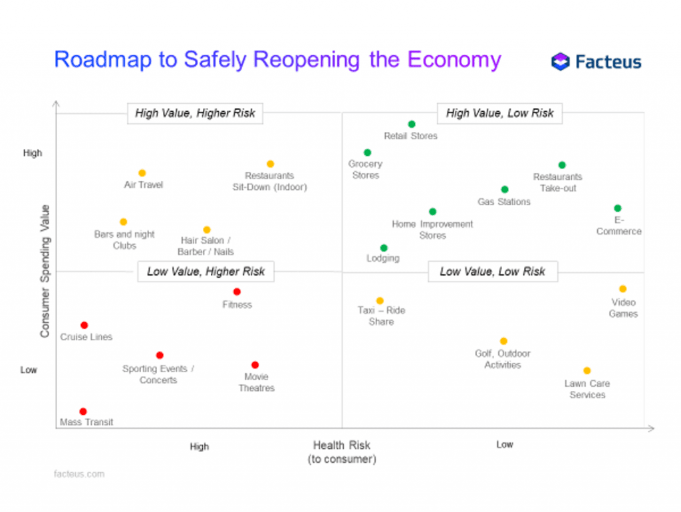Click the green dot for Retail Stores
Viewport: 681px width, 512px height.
point(412,124)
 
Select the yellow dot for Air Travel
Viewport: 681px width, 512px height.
point(142,173)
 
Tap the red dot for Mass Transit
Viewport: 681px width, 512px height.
point(83,411)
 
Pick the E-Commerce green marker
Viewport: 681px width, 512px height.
point(617,208)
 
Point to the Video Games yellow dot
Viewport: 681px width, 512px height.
point(622,289)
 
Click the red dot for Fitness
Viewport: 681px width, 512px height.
point(237,292)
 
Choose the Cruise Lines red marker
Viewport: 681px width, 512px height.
point(84,325)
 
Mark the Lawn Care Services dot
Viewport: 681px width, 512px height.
point(587,371)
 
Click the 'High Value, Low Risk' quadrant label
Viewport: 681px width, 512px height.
point(499,113)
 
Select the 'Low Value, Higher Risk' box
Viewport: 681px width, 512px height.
point(205,271)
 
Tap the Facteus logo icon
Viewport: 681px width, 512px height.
point(561,62)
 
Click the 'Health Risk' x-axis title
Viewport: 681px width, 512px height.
point(341,445)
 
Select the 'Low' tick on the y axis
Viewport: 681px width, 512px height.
point(29,370)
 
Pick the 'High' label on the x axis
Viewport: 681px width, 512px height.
point(199,447)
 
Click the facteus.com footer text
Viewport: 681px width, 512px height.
point(78,474)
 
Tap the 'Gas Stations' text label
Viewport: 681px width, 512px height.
point(504,202)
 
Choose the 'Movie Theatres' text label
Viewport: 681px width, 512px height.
point(256,382)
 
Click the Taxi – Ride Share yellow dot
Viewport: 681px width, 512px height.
point(380,301)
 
